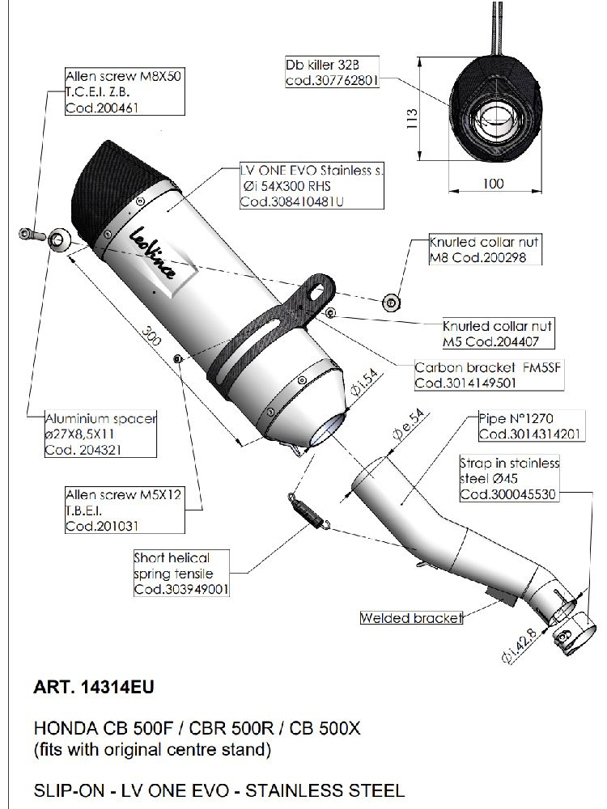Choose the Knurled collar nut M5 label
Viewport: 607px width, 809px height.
497,332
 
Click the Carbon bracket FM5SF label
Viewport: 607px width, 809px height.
465,374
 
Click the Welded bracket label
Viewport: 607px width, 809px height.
411,619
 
